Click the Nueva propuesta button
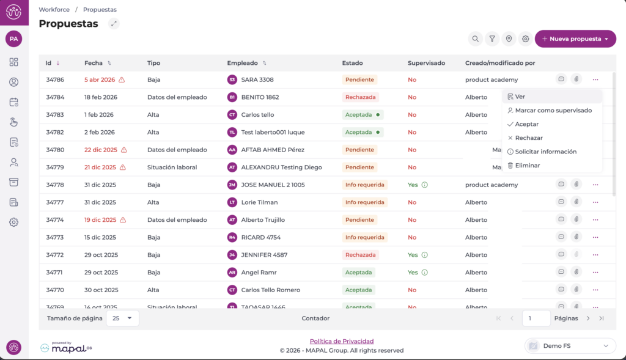[x=575, y=39]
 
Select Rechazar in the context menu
[x=528, y=138]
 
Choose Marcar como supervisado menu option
[x=553, y=111]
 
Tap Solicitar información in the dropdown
[x=545, y=152]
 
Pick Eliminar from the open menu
[x=527, y=166]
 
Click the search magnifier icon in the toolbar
[x=475, y=39]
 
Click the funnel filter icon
[x=492, y=39]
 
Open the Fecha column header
[x=94, y=63]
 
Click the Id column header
[x=48, y=63]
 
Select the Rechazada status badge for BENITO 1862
[x=360, y=97]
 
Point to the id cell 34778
[x=55, y=185]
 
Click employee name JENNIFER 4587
[x=264, y=255]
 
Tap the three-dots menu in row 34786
[x=595, y=79]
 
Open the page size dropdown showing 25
[x=122, y=318]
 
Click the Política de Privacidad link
[x=342, y=341]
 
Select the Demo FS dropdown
[x=570, y=346]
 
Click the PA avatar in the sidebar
[x=13, y=39]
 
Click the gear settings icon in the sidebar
[x=13, y=222]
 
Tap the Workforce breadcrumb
[x=53, y=10]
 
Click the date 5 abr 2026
[x=100, y=79]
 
